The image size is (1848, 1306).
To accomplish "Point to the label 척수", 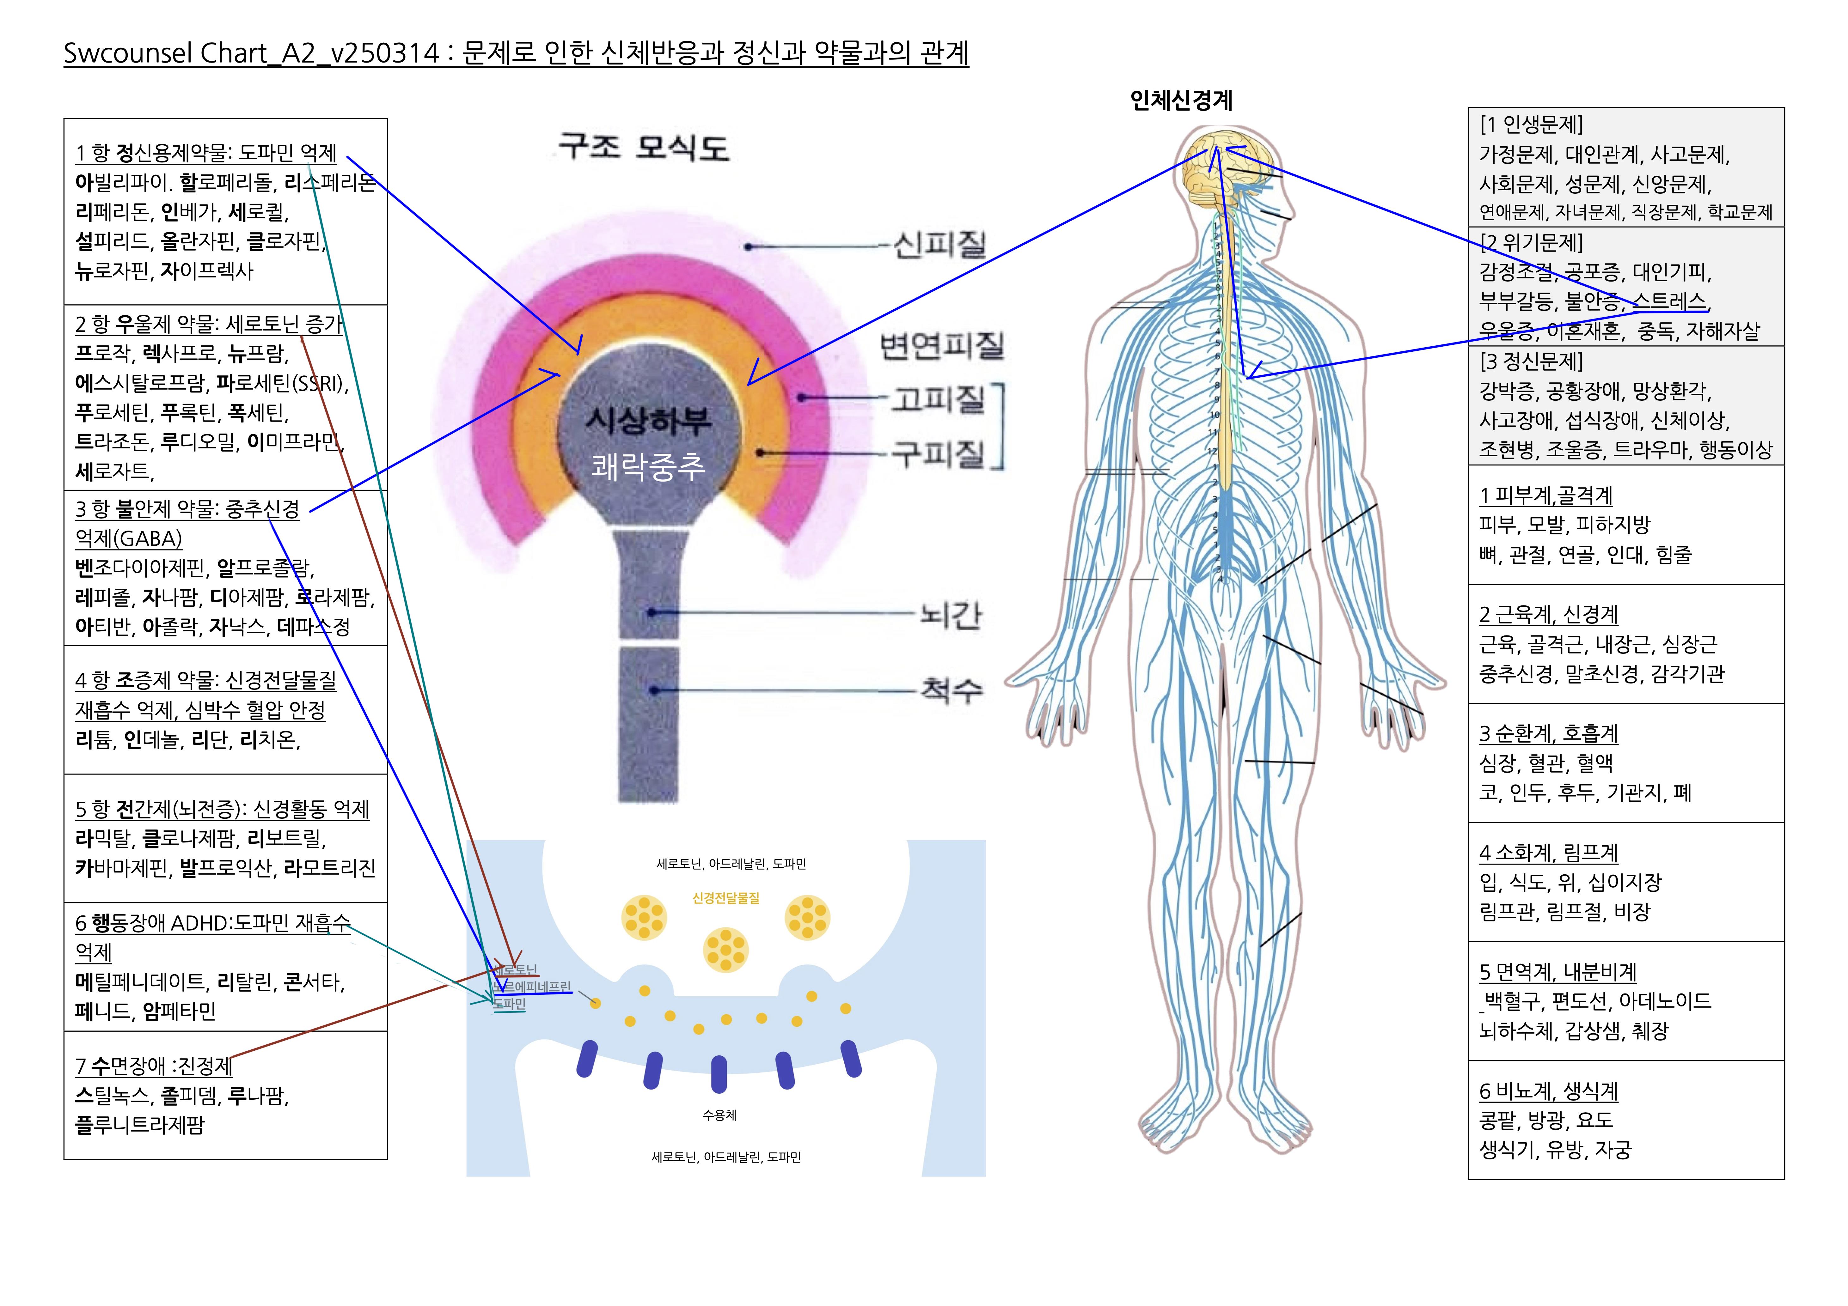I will point(952,689).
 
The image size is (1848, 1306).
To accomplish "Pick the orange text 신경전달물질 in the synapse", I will point(725,898).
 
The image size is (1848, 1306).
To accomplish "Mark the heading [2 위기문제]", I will point(1531,242).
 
